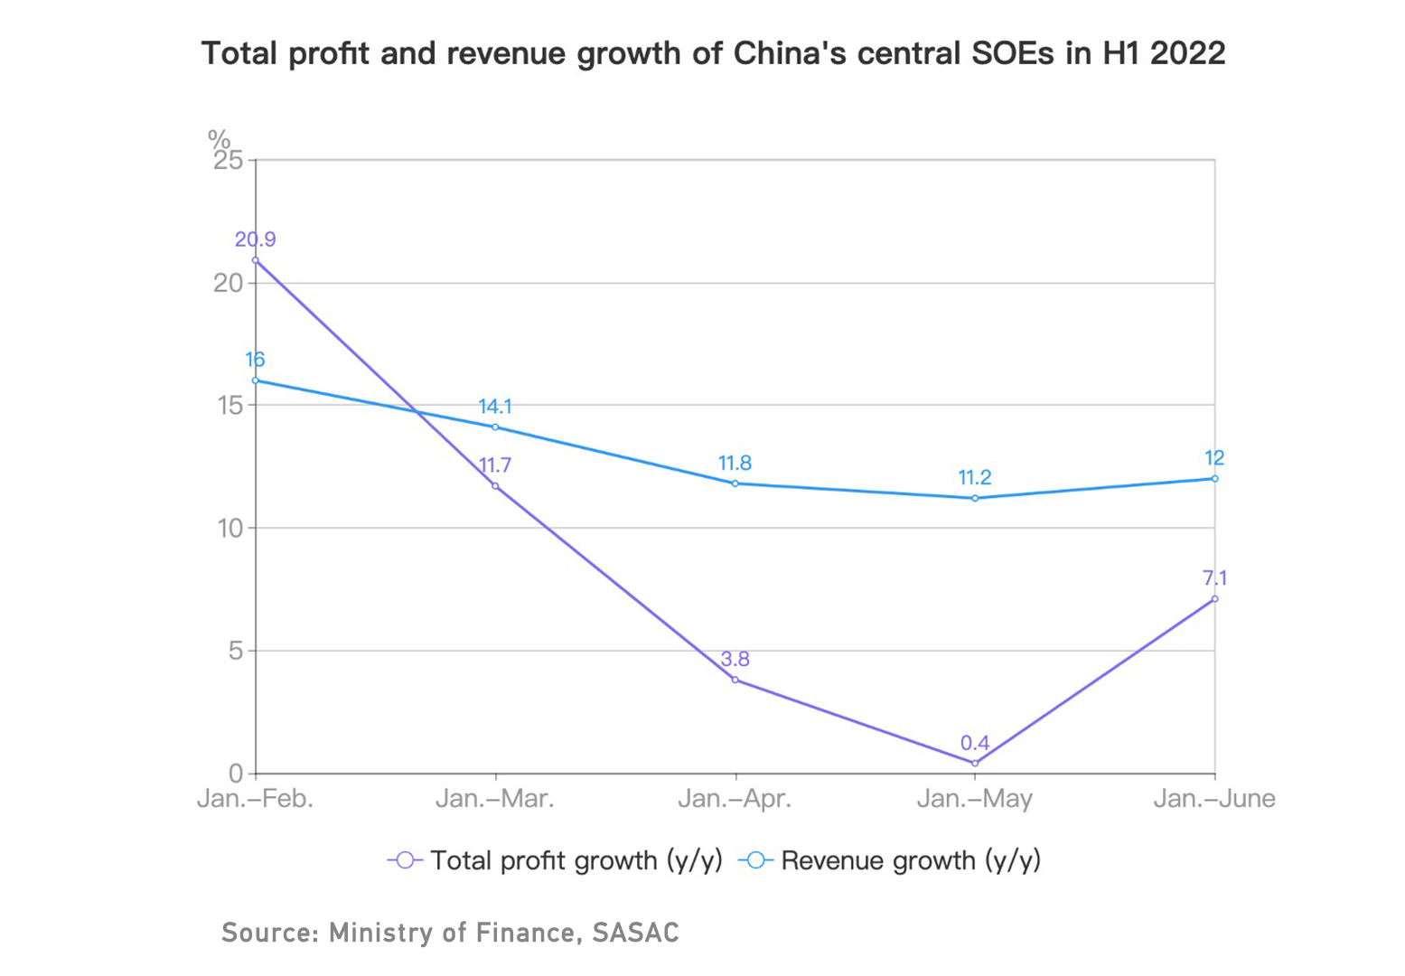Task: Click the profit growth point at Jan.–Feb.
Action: (256, 260)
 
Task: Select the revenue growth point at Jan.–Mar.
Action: (495, 427)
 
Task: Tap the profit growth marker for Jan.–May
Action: (975, 764)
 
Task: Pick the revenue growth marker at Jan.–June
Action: (1214, 478)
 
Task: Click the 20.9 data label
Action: (256, 239)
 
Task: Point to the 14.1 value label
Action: (495, 407)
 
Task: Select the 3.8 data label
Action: (735, 660)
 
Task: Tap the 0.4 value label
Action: (975, 743)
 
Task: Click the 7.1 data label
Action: (1214, 578)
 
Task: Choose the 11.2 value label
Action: (975, 477)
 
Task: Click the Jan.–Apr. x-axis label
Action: (735, 799)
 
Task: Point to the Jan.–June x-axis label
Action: (1214, 799)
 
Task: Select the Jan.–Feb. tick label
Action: (256, 799)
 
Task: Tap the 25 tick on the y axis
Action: (229, 161)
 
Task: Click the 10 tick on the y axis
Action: (230, 528)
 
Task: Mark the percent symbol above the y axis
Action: (219, 138)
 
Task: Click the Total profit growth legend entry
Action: (555, 860)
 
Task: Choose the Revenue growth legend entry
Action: (890, 860)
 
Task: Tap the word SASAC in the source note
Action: (635, 933)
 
